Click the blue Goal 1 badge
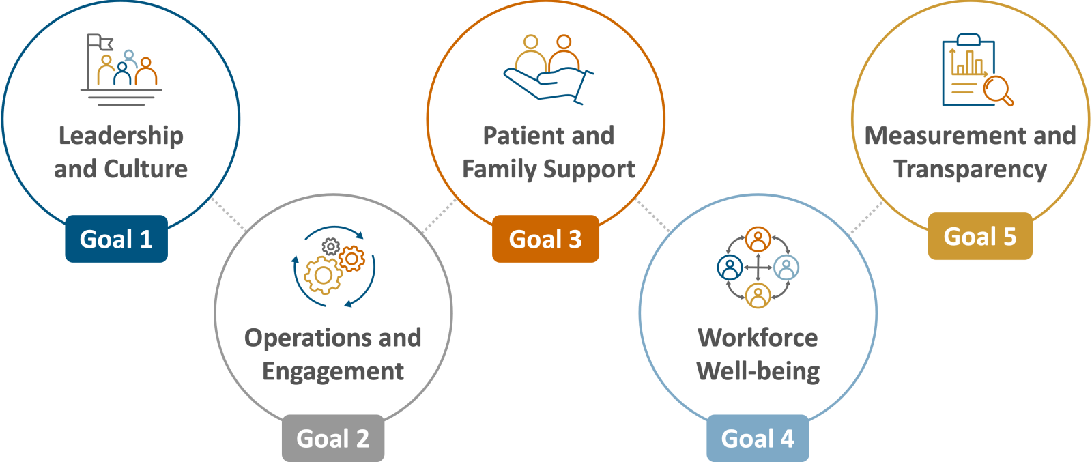pos(116,239)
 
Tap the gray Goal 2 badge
pos(333,438)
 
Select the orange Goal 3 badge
pos(545,239)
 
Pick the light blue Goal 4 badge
pos(758,438)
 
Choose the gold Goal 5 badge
pos(980,237)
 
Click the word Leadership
pos(121,136)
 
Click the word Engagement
pos(333,371)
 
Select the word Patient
pos(521,135)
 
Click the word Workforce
pos(758,338)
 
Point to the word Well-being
pos(758,371)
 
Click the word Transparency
pos(970,169)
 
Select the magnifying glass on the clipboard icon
pos(997,89)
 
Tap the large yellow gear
pos(322,276)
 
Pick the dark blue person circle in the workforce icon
pos(730,268)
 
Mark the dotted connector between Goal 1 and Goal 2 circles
pos(229,214)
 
